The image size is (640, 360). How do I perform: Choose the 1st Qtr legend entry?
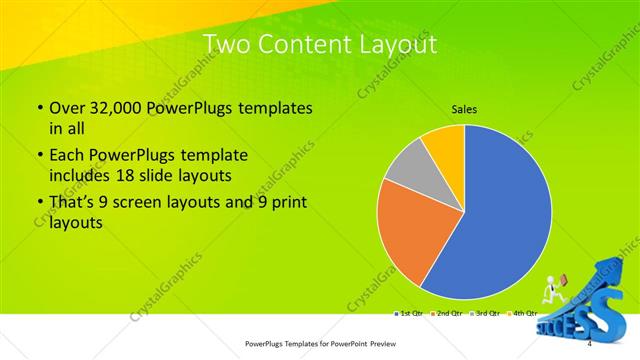click(x=410, y=314)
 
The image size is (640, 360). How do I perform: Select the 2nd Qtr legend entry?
click(x=447, y=314)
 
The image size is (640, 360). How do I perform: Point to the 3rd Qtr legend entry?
click(x=484, y=314)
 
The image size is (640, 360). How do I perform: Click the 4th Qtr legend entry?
click(x=521, y=314)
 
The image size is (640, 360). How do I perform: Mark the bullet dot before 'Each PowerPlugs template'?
click(x=39, y=157)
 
